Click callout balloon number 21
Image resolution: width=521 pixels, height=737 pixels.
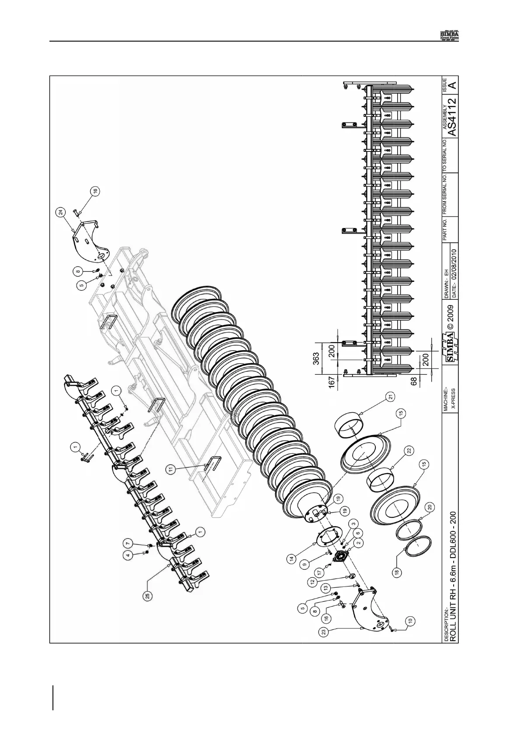tap(391, 397)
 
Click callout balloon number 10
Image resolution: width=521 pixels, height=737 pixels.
tap(410, 620)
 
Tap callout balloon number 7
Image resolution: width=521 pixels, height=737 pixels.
tap(128, 543)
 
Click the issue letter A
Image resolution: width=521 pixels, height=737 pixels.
tap(453, 85)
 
